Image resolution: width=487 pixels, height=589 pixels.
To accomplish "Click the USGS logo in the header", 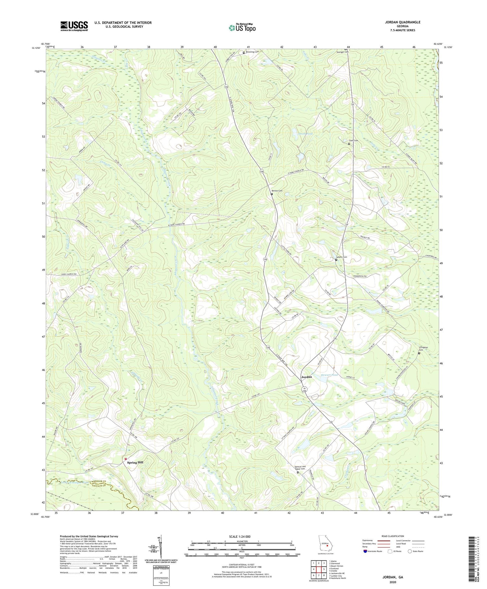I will tap(74, 26).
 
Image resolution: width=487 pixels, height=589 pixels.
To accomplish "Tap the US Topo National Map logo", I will tap(242, 28).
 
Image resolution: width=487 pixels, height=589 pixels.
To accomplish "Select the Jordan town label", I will tap(306, 377).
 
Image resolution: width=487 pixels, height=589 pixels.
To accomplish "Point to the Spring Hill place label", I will tap(135, 462).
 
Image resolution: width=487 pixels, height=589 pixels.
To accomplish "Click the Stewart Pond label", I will tap(329, 375).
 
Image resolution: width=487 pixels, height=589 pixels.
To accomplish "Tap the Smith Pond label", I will tap(305, 134).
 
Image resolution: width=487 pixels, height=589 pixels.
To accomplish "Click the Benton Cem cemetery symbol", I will tap(272, 194).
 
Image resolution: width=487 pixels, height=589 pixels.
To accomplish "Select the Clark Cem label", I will tap(353, 140).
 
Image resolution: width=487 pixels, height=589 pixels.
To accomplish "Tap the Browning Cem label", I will tap(252, 52).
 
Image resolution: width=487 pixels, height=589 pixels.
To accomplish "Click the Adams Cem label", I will tap(341, 257).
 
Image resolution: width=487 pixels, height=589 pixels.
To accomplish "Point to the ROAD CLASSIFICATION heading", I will tap(393, 536).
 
